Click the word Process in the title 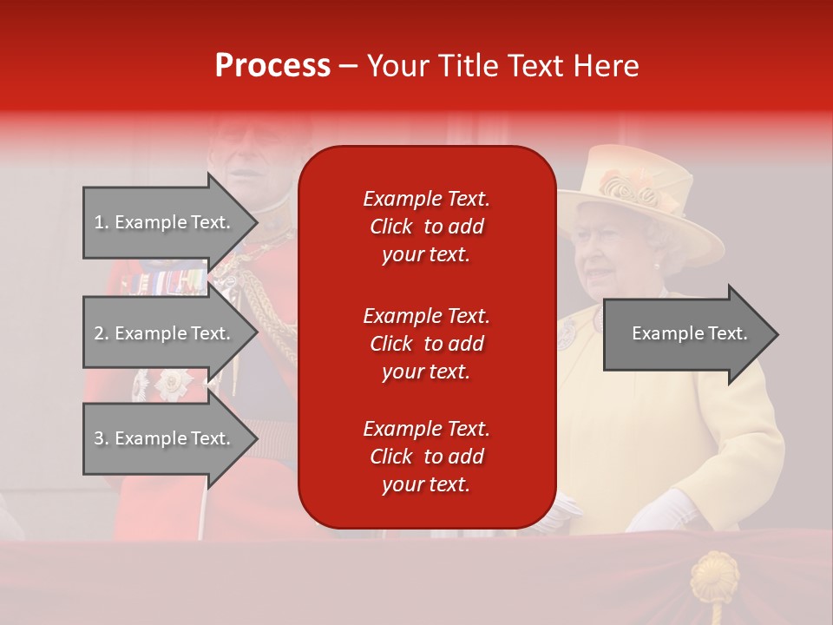tap(272, 66)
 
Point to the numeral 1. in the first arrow tap(101, 222)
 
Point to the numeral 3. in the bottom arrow tap(101, 438)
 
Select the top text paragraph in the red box tap(426, 227)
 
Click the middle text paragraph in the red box tap(426, 344)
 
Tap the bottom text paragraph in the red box tap(426, 457)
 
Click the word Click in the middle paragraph tap(390, 344)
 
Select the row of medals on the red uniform tap(165, 281)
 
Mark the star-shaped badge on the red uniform tap(174, 383)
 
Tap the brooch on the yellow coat tap(567, 332)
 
